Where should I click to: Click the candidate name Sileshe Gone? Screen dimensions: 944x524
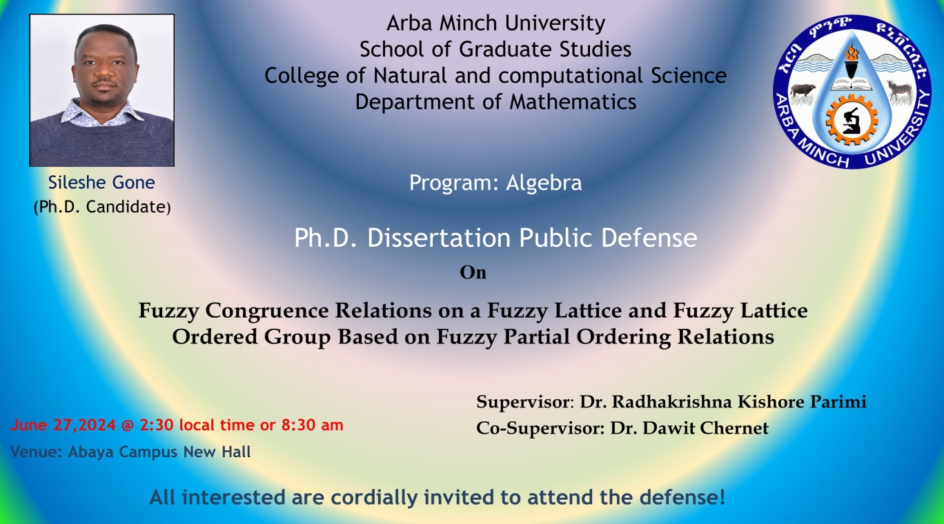point(101,183)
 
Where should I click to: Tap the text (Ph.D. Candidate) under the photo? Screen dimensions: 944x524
point(102,207)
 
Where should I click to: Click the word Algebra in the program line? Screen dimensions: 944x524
point(544,183)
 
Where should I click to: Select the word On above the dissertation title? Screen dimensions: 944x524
point(473,272)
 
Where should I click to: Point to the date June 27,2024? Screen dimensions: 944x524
point(63,425)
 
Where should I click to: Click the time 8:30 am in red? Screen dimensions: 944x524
point(313,425)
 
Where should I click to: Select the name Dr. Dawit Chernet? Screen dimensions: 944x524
point(689,428)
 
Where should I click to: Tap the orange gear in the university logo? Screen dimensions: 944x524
point(852,121)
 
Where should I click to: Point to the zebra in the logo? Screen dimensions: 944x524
point(899,90)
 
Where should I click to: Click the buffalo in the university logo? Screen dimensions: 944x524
point(803,90)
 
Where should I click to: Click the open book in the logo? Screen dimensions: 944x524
point(852,84)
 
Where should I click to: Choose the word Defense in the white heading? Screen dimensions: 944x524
point(649,238)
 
